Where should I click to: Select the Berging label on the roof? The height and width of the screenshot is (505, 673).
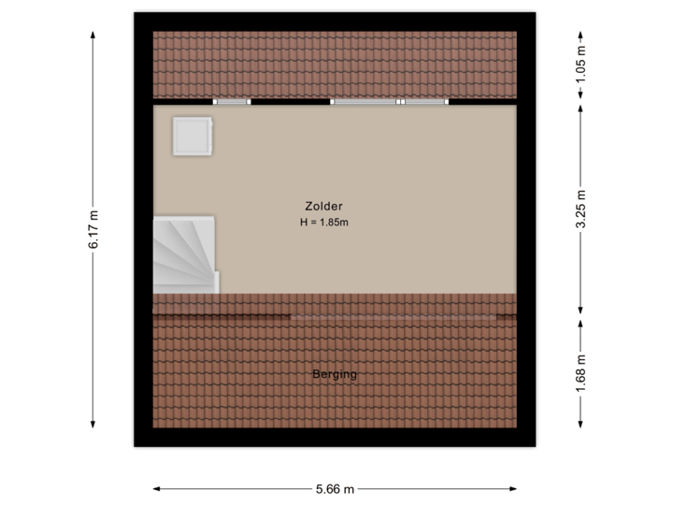(335, 375)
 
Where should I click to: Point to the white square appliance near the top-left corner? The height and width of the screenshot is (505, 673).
(193, 137)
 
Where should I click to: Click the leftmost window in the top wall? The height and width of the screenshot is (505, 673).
(232, 101)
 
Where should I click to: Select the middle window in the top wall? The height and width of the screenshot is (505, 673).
(365, 101)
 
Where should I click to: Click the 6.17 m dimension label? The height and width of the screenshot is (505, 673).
(93, 228)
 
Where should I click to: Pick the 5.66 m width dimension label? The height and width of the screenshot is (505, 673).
(335, 488)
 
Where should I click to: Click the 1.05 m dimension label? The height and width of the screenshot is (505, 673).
(581, 66)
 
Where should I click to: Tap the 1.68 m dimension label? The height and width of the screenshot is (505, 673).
(581, 373)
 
